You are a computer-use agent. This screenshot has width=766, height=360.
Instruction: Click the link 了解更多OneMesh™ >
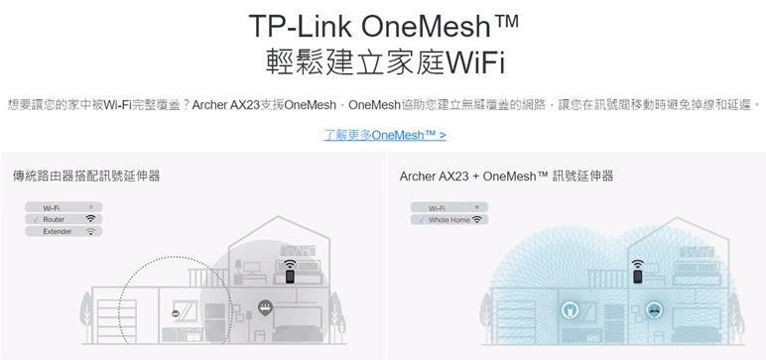[x=384, y=134]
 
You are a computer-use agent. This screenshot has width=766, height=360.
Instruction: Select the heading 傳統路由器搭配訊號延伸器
[x=86, y=177]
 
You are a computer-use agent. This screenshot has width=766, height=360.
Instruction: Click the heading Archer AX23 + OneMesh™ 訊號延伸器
[x=506, y=177]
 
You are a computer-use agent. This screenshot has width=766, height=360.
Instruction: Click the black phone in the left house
[x=289, y=279]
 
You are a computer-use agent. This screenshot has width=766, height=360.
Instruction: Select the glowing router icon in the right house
[x=653, y=309]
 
